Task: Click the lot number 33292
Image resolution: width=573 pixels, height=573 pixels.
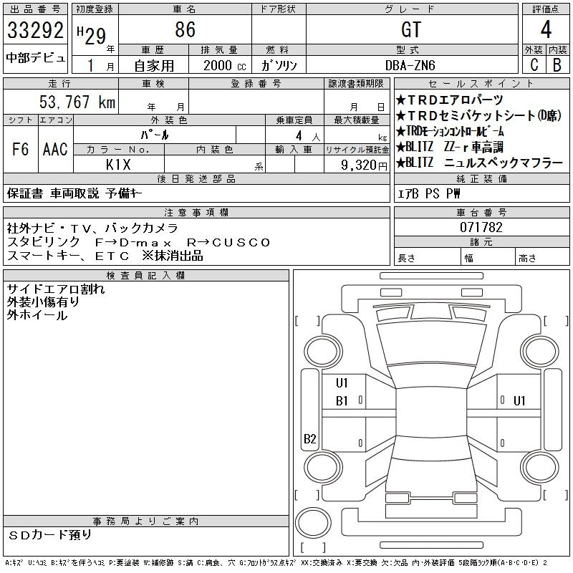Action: coord(35,30)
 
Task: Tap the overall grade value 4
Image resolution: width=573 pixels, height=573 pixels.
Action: coord(546,29)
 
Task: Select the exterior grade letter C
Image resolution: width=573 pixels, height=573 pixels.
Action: coord(534,64)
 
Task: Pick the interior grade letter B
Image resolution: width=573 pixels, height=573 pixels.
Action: coord(557,64)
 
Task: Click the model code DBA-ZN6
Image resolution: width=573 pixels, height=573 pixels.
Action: coord(410,65)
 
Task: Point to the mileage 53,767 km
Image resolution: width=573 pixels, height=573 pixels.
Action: coord(77,102)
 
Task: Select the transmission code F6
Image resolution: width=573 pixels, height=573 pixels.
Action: coord(21,149)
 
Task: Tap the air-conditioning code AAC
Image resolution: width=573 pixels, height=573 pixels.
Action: coord(55,149)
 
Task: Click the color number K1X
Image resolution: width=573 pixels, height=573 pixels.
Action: coord(118,165)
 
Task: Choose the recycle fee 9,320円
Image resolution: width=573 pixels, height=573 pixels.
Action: coord(364,165)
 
